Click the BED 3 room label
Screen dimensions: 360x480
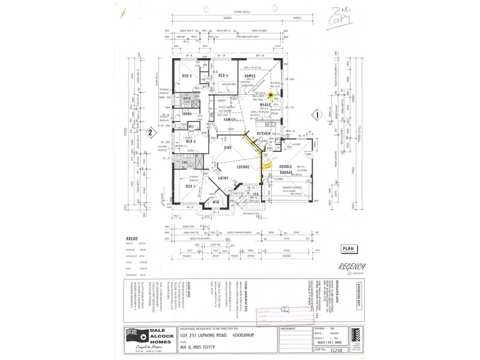[x=186, y=76]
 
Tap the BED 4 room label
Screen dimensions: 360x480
[x=224, y=75]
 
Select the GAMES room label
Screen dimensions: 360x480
[x=259, y=76]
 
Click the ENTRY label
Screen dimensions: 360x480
[x=223, y=178]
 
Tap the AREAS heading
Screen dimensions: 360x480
[x=132, y=238]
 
